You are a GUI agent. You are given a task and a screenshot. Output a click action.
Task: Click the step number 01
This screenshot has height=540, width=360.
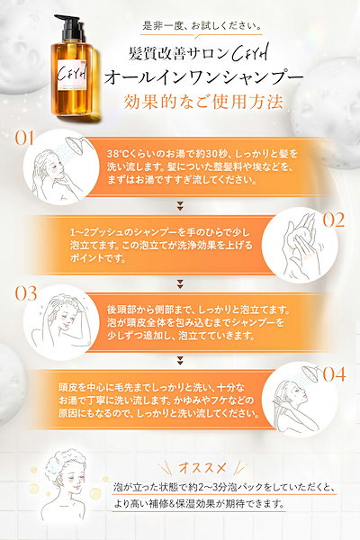point(23,139)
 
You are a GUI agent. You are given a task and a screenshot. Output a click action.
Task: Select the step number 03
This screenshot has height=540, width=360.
point(24,293)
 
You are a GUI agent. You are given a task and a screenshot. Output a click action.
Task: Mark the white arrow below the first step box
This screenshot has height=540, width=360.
point(181,202)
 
